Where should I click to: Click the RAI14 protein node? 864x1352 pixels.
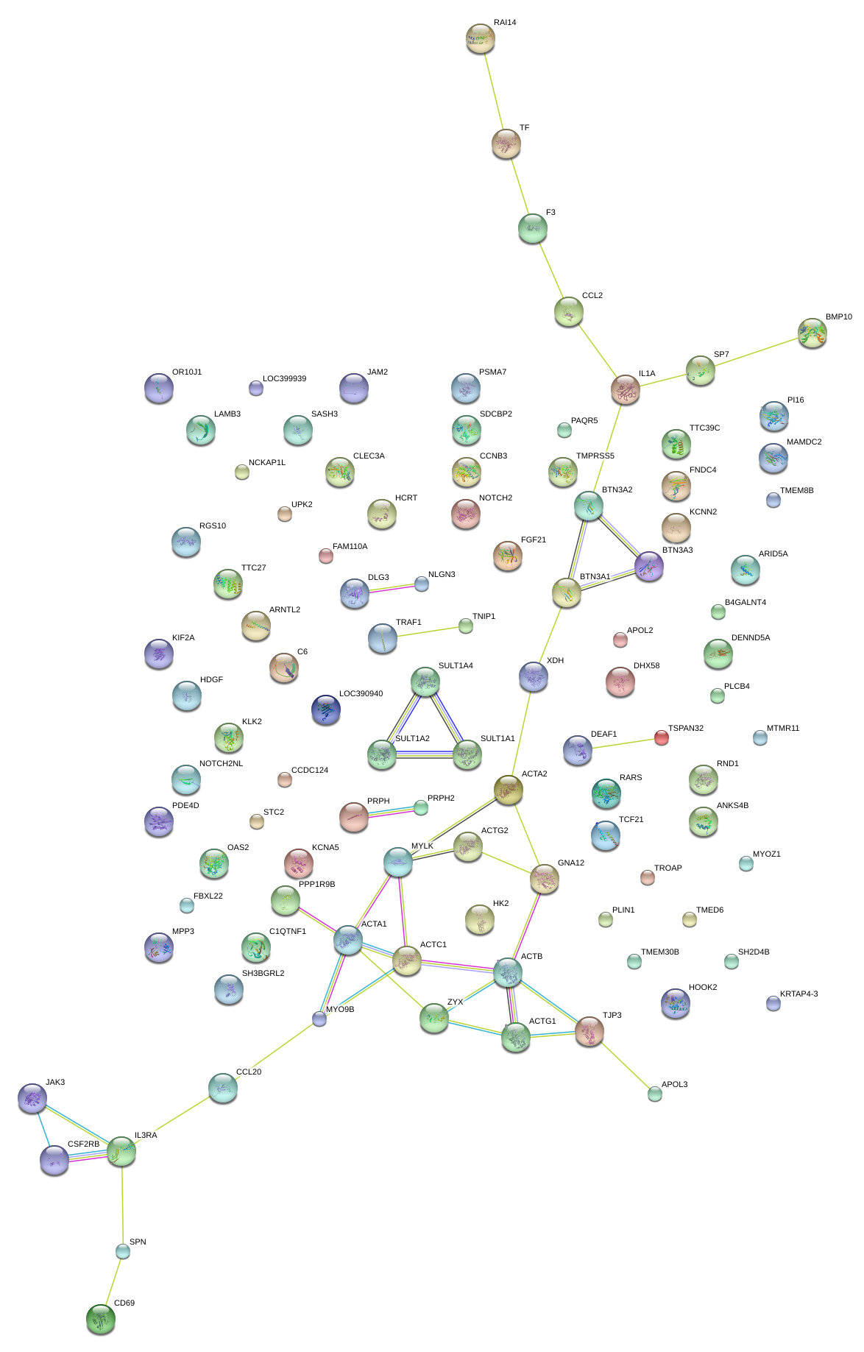[480, 38]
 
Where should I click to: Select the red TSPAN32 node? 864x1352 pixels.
[661, 737]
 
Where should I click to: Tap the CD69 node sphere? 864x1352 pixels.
[100, 1319]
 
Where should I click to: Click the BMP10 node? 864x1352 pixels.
[812, 333]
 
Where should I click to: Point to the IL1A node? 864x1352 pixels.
[625, 389]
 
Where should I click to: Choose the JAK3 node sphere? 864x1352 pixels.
[32, 1098]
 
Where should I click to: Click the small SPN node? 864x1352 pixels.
[123, 1251]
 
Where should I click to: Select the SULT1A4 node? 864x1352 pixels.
[425, 682]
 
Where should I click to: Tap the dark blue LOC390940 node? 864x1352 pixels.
[325, 709]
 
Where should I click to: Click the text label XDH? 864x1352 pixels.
[555, 661]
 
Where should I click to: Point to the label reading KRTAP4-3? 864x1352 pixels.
[799, 994]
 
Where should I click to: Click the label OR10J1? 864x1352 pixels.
[186, 372]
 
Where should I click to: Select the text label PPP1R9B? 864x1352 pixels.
[316, 885]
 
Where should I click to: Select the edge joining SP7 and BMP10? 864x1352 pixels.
[756, 352]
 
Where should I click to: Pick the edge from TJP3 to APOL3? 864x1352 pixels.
[623, 1063]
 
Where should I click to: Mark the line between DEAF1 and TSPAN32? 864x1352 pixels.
[620, 744]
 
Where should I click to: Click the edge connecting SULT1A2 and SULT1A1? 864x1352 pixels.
[425, 754]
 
